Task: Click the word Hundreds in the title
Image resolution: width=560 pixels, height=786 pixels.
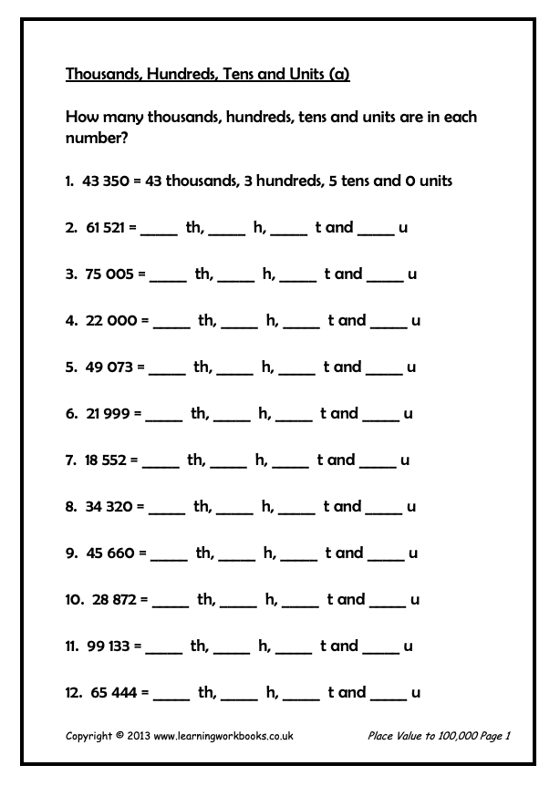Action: click(x=172, y=75)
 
